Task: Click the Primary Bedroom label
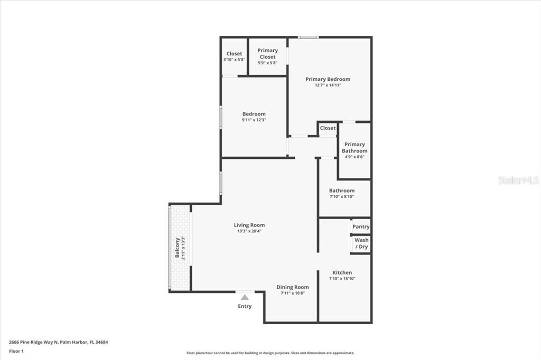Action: coord(328,79)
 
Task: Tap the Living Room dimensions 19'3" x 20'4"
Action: coord(249,231)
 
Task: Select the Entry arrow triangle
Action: coord(245,298)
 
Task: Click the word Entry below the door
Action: coord(245,306)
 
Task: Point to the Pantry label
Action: coord(361,227)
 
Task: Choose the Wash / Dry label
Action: coord(361,243)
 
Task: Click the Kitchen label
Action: coord(342,272)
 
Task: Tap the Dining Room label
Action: coord(292,287)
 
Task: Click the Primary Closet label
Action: coord(267,53)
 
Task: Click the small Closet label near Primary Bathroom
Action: coord(328,128)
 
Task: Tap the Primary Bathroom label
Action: coord(355,147)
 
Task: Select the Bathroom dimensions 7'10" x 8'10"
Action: coord(342,197)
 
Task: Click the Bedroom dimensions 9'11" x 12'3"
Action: coord(254,120)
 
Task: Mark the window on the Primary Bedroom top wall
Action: coord(307,37)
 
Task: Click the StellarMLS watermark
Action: coord(518,181)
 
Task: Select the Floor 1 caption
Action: coord(16,350)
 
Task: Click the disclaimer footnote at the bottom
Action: coord(270,353)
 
